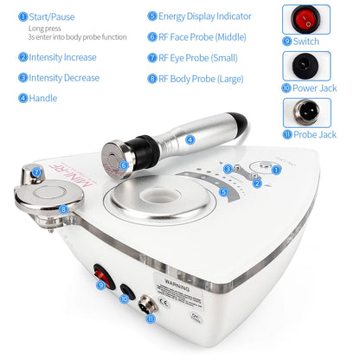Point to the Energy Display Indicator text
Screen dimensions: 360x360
pos(205,16)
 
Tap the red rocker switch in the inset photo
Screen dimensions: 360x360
pos(305,19)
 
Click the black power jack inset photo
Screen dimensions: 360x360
pos(305,66)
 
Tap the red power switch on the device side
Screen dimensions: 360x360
pos(106,270)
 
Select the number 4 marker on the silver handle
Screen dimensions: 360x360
pos(190,138)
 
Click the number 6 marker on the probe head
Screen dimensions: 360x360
pos(124,164)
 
